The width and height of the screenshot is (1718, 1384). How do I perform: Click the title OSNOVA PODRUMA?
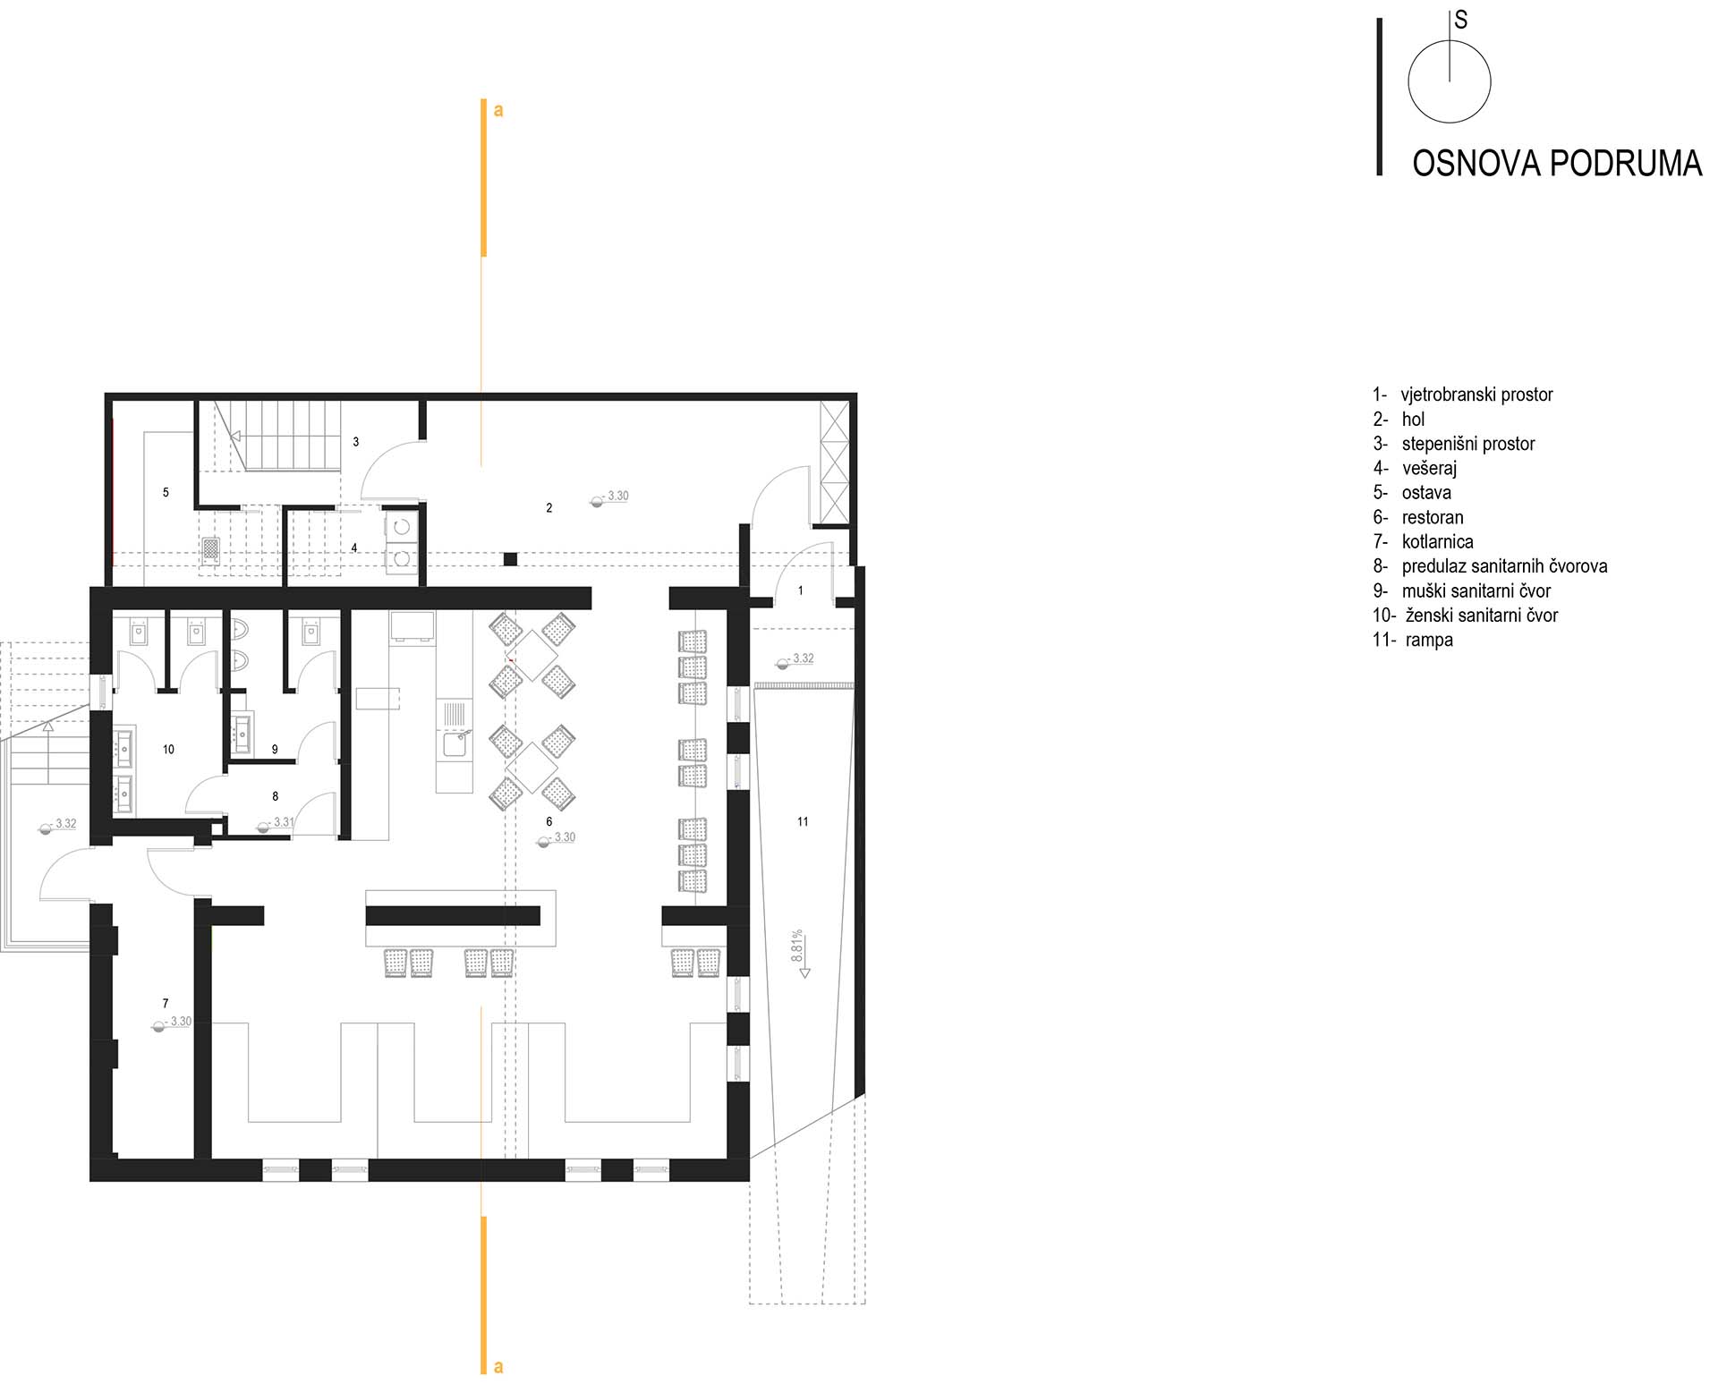click(x=1556, y=164)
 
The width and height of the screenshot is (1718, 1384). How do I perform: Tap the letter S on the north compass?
click(x=1461, y=20)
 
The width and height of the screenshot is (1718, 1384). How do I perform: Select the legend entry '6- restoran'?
click(x=1418, y=517)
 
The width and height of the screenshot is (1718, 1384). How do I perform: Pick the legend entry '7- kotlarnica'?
click(x=1423, y=541)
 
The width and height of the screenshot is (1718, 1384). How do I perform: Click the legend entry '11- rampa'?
click(x=1413, y=640)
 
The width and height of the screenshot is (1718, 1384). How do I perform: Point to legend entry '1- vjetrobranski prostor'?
click(x=1462, y=395)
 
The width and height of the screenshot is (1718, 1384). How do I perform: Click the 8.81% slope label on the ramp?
click(x=797, y=946)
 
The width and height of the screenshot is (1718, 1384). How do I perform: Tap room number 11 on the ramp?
click(x=803, y=821)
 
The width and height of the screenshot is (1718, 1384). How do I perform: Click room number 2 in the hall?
click(x=549, y=508)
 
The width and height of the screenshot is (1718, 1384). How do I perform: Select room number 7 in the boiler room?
click(x=166, y=1004)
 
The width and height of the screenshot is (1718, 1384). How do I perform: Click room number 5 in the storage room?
click(x=166, y=492)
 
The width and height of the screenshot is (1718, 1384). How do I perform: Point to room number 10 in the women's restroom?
click(x=168, y=750)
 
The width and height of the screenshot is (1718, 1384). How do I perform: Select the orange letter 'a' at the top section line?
click(x=498, y=111)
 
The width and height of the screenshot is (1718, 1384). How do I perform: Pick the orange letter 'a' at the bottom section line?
click(x=498, y=1367)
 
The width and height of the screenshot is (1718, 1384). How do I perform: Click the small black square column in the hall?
click(x=510, y=559)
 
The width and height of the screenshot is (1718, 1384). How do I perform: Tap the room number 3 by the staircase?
click(x=356, y=442)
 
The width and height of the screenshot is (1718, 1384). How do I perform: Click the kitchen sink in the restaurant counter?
click(x=455, y=743)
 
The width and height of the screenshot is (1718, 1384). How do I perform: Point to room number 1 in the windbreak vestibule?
click(x=801, y=590)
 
